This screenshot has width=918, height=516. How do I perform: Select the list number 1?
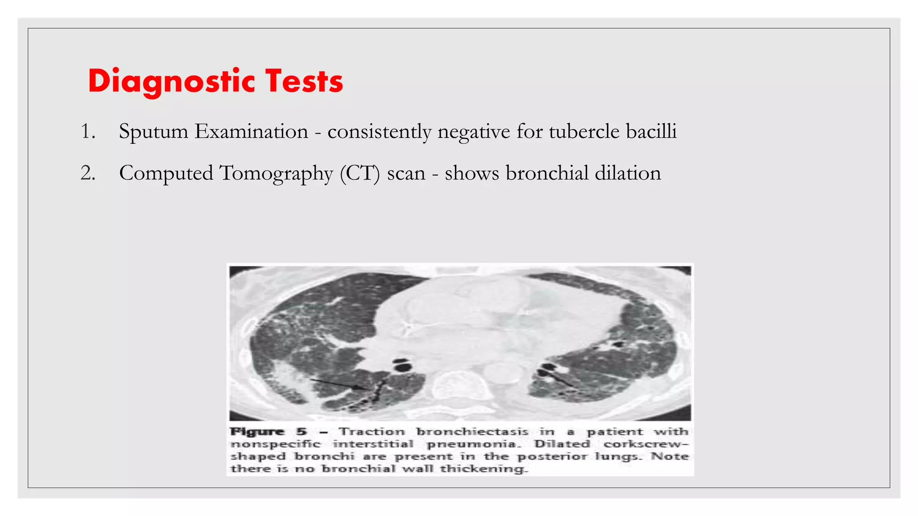(x=87, y=132)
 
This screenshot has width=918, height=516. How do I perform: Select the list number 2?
(x=88, y=173)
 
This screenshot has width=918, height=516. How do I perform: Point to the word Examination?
(x=251, y=132)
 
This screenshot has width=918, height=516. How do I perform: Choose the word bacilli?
(x=651, y=132)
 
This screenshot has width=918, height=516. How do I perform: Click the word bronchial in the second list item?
(x=547, y=173)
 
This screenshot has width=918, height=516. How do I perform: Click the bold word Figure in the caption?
(x=257, y=432)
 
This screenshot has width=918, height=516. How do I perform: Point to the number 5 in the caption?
(x=302, y=432)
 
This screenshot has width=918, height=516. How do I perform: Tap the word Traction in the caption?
(x=372, y=432)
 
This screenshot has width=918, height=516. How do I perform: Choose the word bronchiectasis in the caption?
(x=472, y=432)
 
